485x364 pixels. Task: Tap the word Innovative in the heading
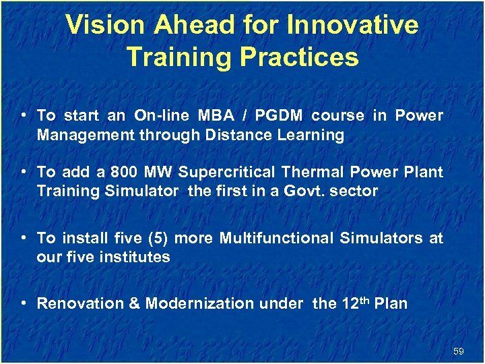(x=352, y=26)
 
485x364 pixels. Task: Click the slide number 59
(x=459, y=351)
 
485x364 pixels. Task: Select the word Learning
(x=310, y=135)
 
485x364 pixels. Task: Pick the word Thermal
(x=310, y=172)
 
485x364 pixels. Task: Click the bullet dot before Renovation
(x=24, y=303)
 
